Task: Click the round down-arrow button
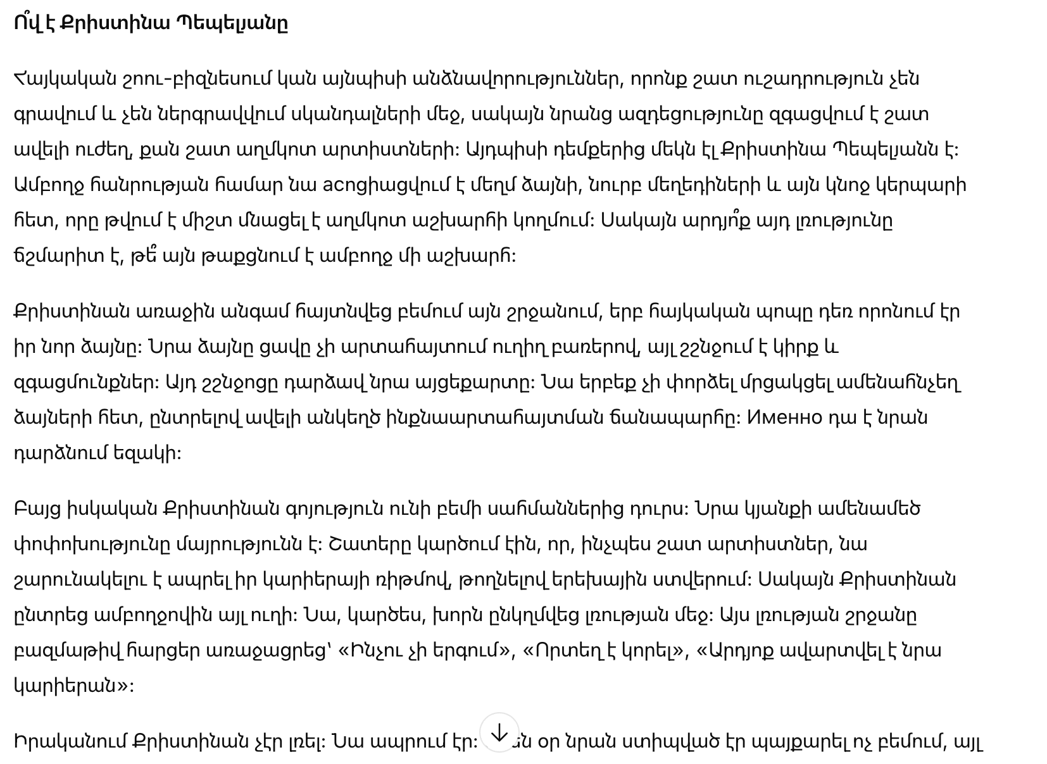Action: coord(499,732)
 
